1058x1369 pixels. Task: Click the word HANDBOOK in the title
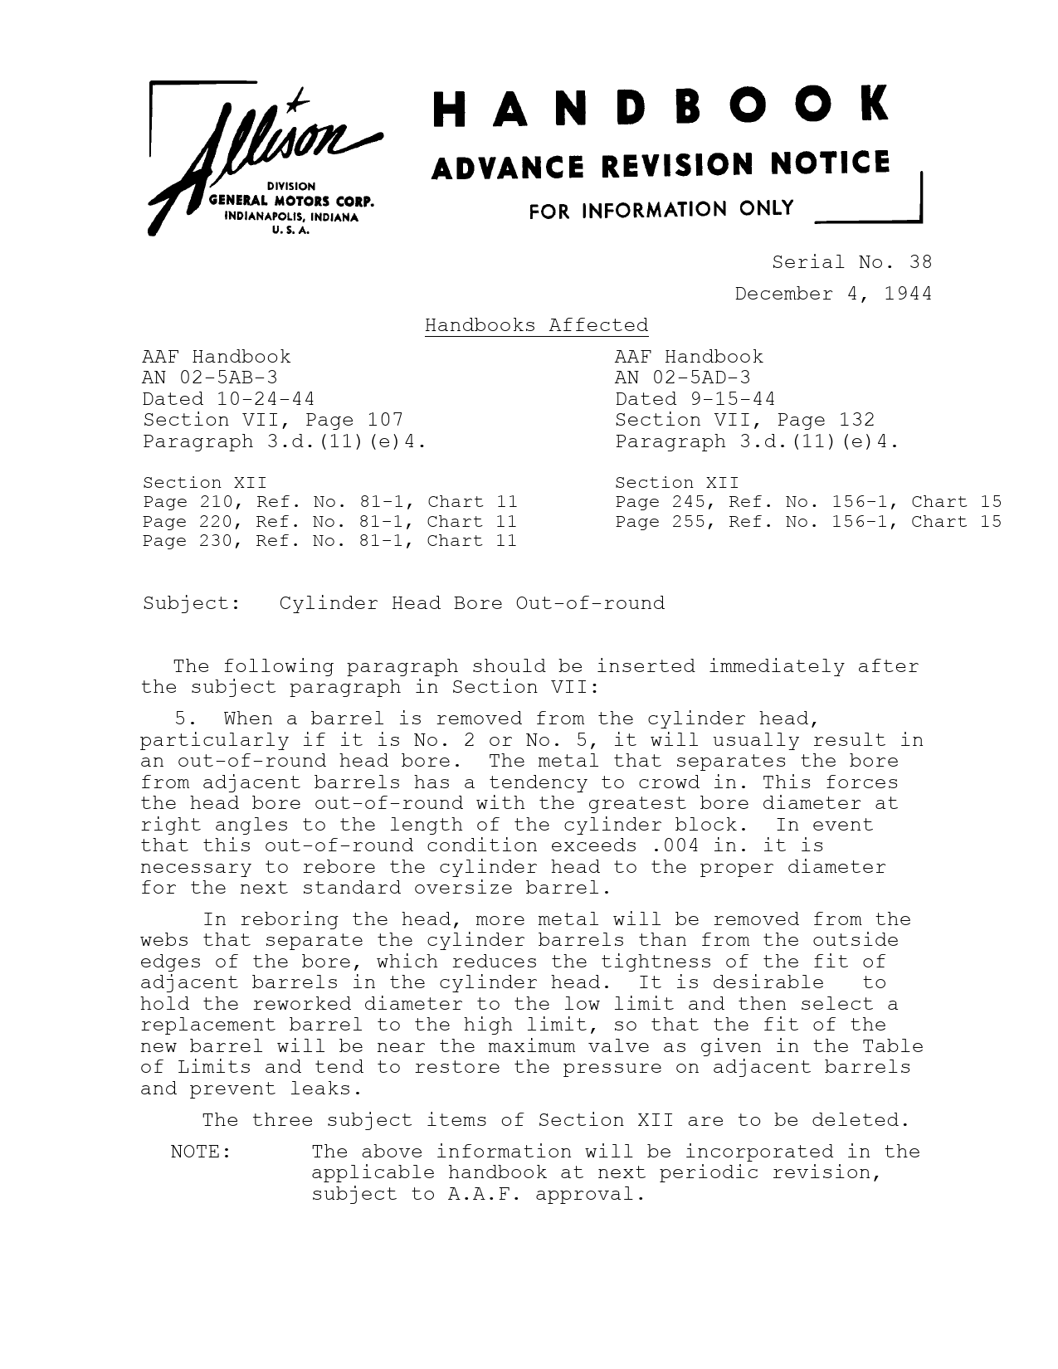coord(661,108)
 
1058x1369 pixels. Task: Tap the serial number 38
coord(920,263)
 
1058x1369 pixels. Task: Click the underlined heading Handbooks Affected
coord(536,325)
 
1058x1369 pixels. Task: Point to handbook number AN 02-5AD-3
coord(682,378)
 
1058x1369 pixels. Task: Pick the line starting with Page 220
coord(329,522)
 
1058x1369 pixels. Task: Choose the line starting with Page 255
coord(807,522)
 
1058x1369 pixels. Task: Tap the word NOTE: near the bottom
coord(200,1152)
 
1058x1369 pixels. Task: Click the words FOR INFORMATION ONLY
coord(661,210)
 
